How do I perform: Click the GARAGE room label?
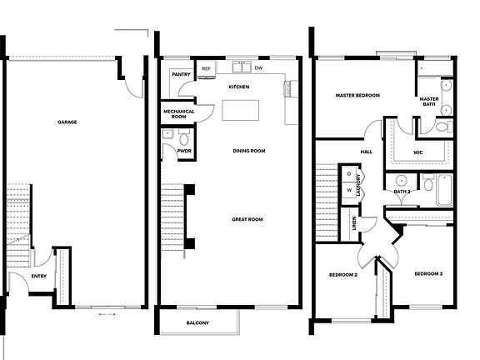(x=67, y=122)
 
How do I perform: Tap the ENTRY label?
(x=39, y=276)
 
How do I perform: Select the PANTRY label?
(x=181, y=74)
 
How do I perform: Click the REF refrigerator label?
(x=206, y=68)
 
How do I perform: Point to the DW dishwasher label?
(x=258, y=68)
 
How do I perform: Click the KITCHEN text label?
(x=239, y=87)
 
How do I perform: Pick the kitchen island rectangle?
(x=239, y=109)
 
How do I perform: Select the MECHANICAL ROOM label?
(x=178, y=113)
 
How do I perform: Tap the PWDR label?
(x=182, y=152)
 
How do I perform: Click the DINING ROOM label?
(x=248, y=151)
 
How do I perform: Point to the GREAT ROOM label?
(x=247, y=219)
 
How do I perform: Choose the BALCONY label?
(x=197, y=323)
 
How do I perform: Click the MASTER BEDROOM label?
(x=357, y=96)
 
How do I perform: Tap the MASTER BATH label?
(x=429, y=101)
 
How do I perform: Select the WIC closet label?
(x=418, y=152)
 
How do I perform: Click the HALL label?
(x=366, y=152)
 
